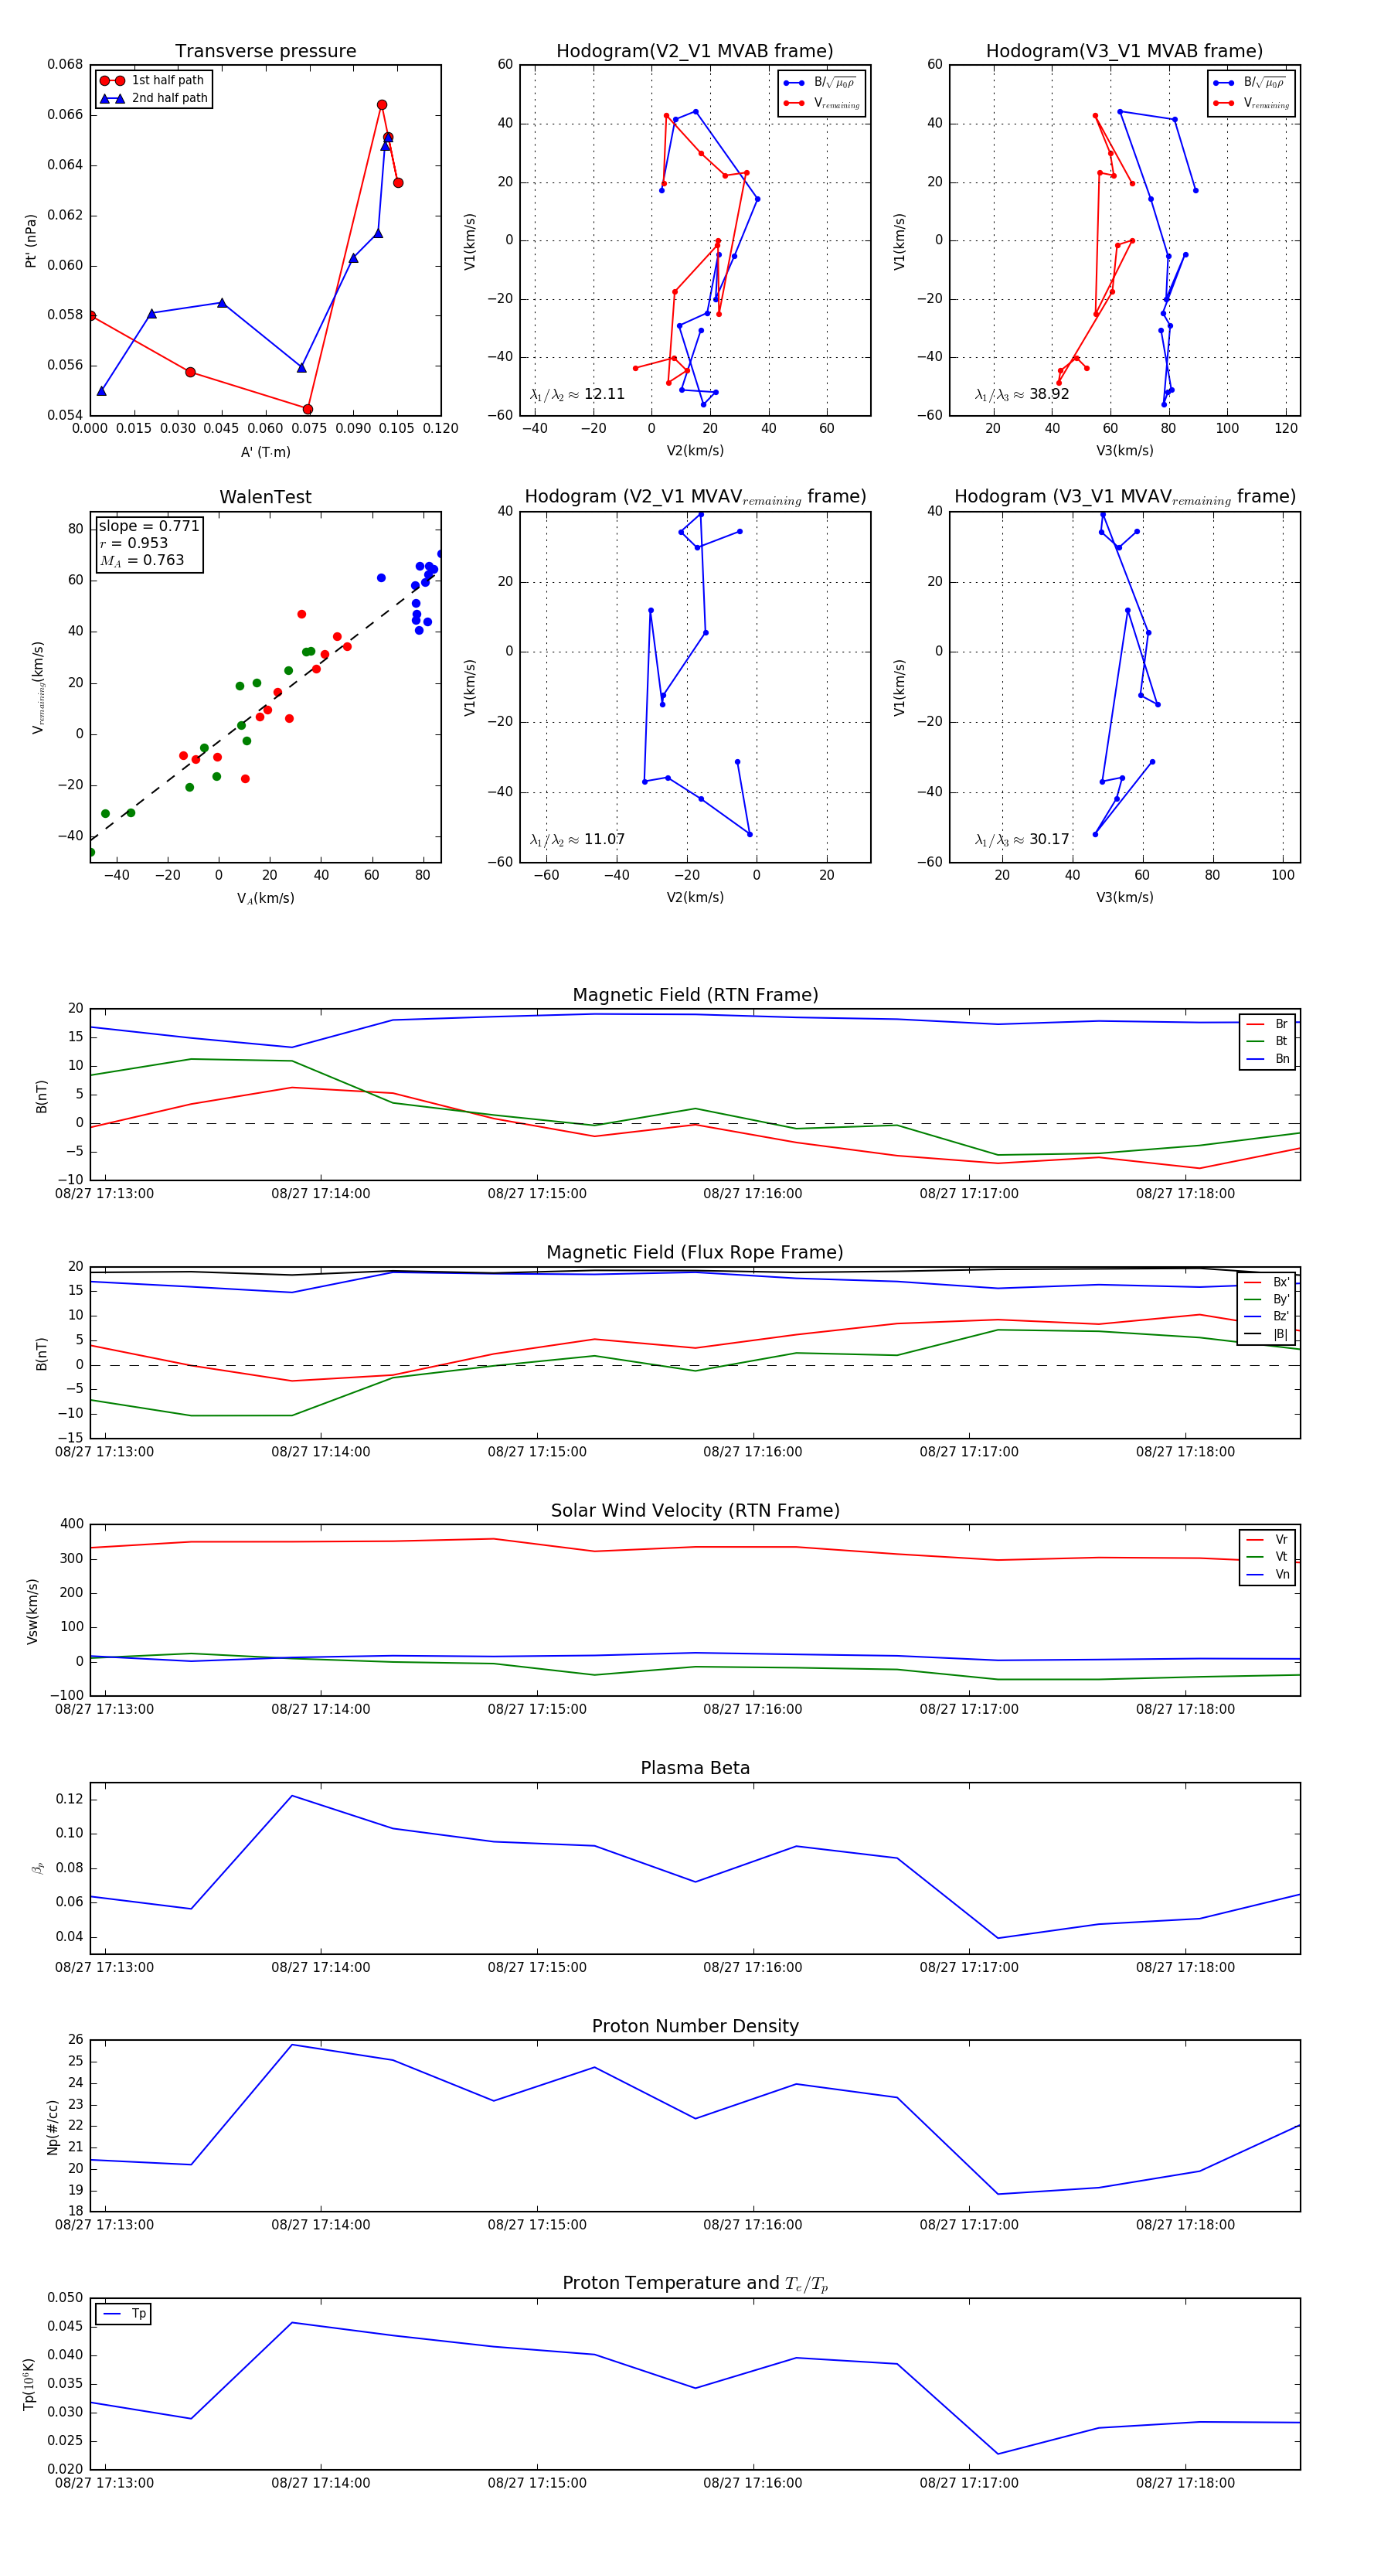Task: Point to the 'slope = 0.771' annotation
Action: point(148,526)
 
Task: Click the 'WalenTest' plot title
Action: point(265,497)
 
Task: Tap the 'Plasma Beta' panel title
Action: point(695,1768)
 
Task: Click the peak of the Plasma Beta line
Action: point(292,1796)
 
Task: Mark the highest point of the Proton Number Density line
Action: point(292,2045)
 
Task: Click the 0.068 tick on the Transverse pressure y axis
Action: point(66,64)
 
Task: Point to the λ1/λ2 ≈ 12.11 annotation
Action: point(577,394)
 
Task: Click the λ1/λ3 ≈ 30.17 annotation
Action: point(1022,840)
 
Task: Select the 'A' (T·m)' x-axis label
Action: point(265,451)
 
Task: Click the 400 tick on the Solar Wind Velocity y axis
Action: point(71,1524)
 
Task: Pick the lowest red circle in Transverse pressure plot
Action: point(308,409)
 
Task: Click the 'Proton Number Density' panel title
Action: point(695,2026)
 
